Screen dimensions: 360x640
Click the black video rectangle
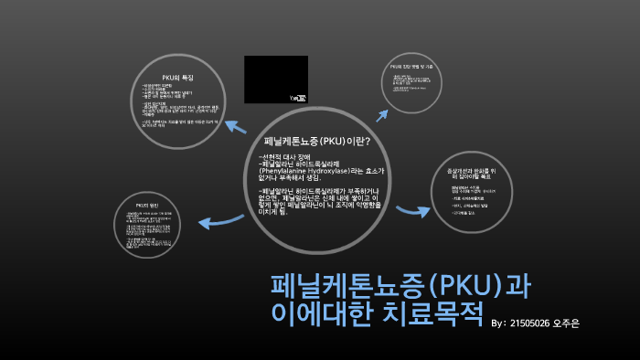[275, 79]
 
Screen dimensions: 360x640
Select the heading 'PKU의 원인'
[148, 205]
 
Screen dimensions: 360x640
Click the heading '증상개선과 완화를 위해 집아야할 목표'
[482, 172]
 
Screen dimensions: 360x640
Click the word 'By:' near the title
[499, 323]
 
